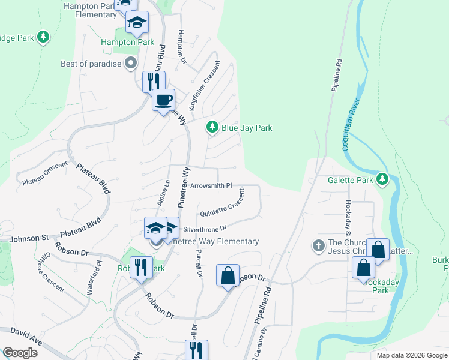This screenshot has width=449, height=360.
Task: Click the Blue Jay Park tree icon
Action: click(x=212, y=127)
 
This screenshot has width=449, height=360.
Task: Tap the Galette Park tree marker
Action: click(x=382, y=179)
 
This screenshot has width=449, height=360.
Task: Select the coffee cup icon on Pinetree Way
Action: click(x=163, y=100)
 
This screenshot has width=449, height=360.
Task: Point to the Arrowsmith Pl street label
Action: click(x=211, y=186)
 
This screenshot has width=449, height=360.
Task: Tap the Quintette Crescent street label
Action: click(x=222, y=204)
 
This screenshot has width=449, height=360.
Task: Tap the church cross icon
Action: click(x=319, y=246)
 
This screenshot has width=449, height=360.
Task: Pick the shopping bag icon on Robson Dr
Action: click(x=228, y=276)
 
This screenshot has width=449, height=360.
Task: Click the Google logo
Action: click(x=20, y=353)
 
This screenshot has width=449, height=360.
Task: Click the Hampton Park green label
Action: click(x=127, y=43)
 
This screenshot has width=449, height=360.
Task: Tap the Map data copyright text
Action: click(x=412, y=355)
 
